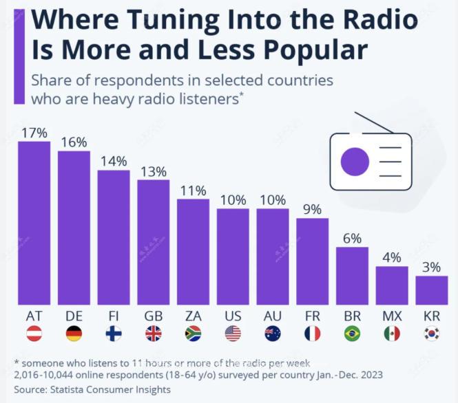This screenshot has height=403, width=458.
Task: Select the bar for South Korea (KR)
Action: point(432,290)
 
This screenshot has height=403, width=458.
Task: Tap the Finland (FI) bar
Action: point(114,237)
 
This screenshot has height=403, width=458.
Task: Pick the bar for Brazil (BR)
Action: point(352,275)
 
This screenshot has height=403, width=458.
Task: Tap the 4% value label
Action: point(392,258)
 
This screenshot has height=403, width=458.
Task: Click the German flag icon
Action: point(74,334)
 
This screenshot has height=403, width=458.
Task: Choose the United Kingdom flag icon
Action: point(153,334)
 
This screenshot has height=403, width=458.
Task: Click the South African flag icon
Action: point(193,334)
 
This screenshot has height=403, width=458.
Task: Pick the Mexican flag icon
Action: point(392,334)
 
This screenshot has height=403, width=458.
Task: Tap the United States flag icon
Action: point(233,334)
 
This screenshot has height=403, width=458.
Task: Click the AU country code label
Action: point(273,316)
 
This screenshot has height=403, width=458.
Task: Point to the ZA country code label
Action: point(193,316)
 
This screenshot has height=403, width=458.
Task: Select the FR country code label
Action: point(312,316)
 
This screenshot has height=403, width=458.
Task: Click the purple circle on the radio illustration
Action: point(355,161)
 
